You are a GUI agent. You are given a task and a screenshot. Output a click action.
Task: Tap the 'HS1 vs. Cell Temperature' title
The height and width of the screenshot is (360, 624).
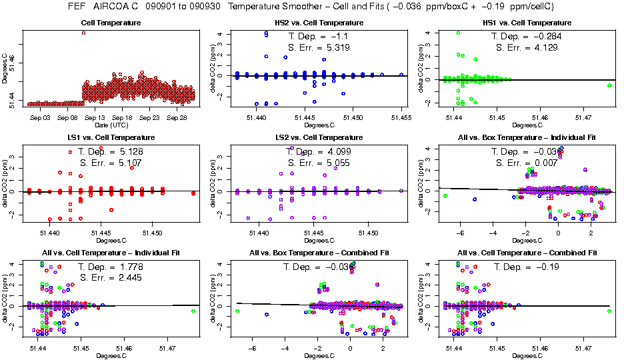526,23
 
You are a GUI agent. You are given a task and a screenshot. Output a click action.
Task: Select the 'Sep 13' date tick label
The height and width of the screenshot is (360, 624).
95,117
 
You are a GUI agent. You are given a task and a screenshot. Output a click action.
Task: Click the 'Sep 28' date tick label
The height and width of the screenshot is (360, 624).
176,117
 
